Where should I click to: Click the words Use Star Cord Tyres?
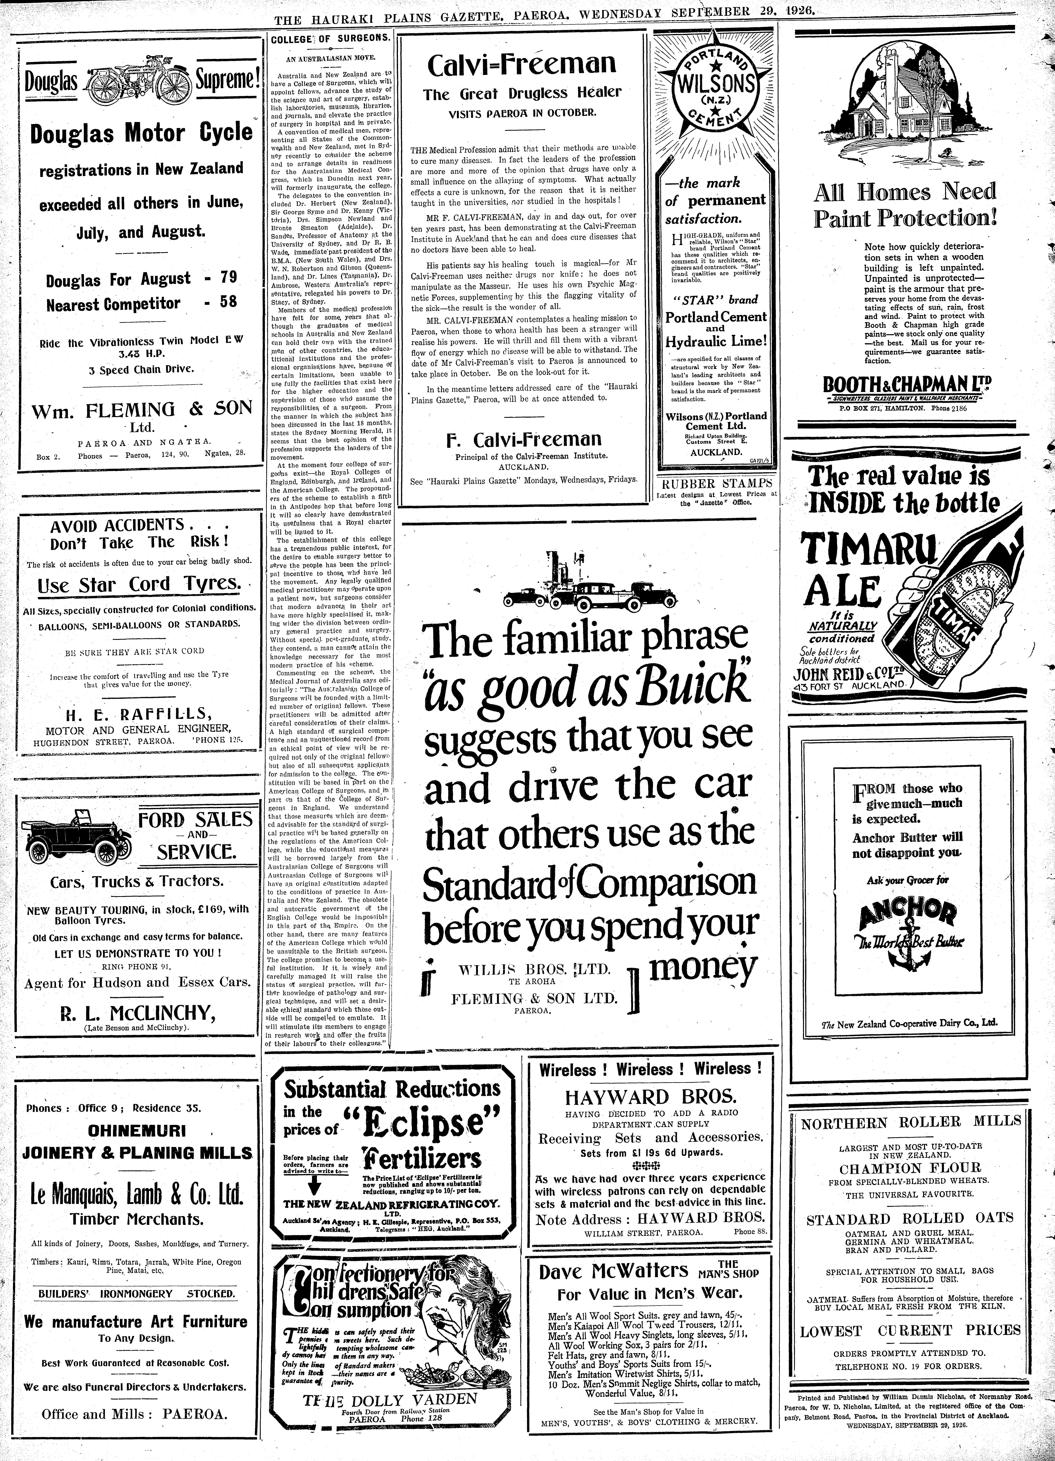tap(138, 584)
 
